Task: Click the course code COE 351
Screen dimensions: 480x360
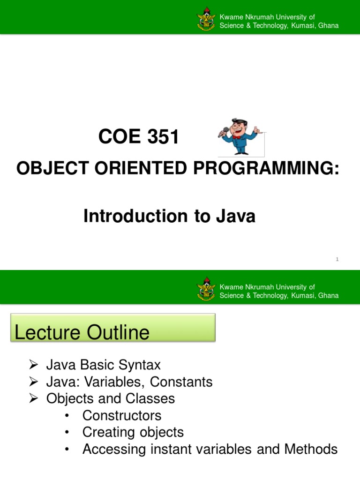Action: point(139,137)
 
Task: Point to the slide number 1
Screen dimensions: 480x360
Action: point(337,259)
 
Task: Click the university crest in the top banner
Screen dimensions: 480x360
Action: point(207,21)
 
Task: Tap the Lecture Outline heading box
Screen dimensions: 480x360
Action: point(112,328)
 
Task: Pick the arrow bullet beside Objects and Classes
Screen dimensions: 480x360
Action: point(33,399)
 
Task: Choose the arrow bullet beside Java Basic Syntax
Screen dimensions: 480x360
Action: point(33,365)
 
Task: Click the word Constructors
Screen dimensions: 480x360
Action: point(122,416)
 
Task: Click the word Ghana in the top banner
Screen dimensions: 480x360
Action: point(328,26)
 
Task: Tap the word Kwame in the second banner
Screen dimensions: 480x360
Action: point(230,287)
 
